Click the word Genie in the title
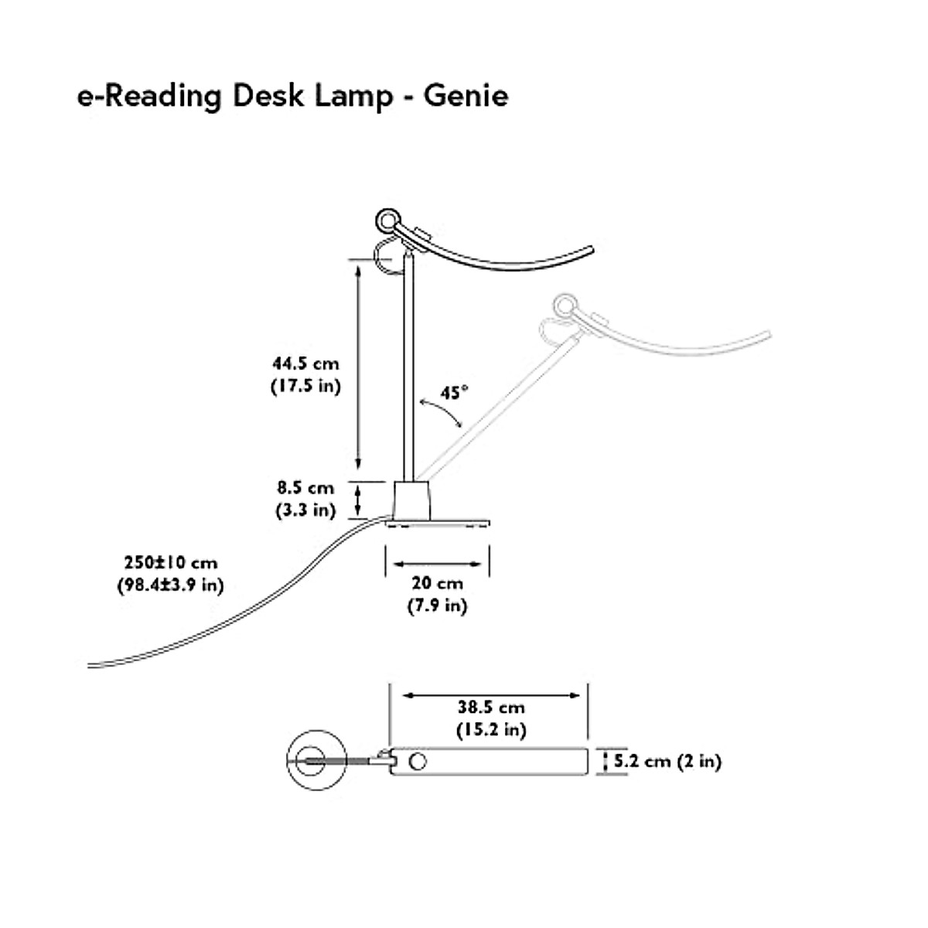[465, 96]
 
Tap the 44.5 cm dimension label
[305, 363]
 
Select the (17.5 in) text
[305, 386]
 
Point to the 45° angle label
[455, 393]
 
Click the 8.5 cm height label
[305, 488]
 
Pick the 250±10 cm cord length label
[170, 562]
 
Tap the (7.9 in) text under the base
[437, 606]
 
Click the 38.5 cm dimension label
[490, 707]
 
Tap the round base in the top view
[316, 761]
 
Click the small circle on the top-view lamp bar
[418, 762]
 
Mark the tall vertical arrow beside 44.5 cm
[357, 363]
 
